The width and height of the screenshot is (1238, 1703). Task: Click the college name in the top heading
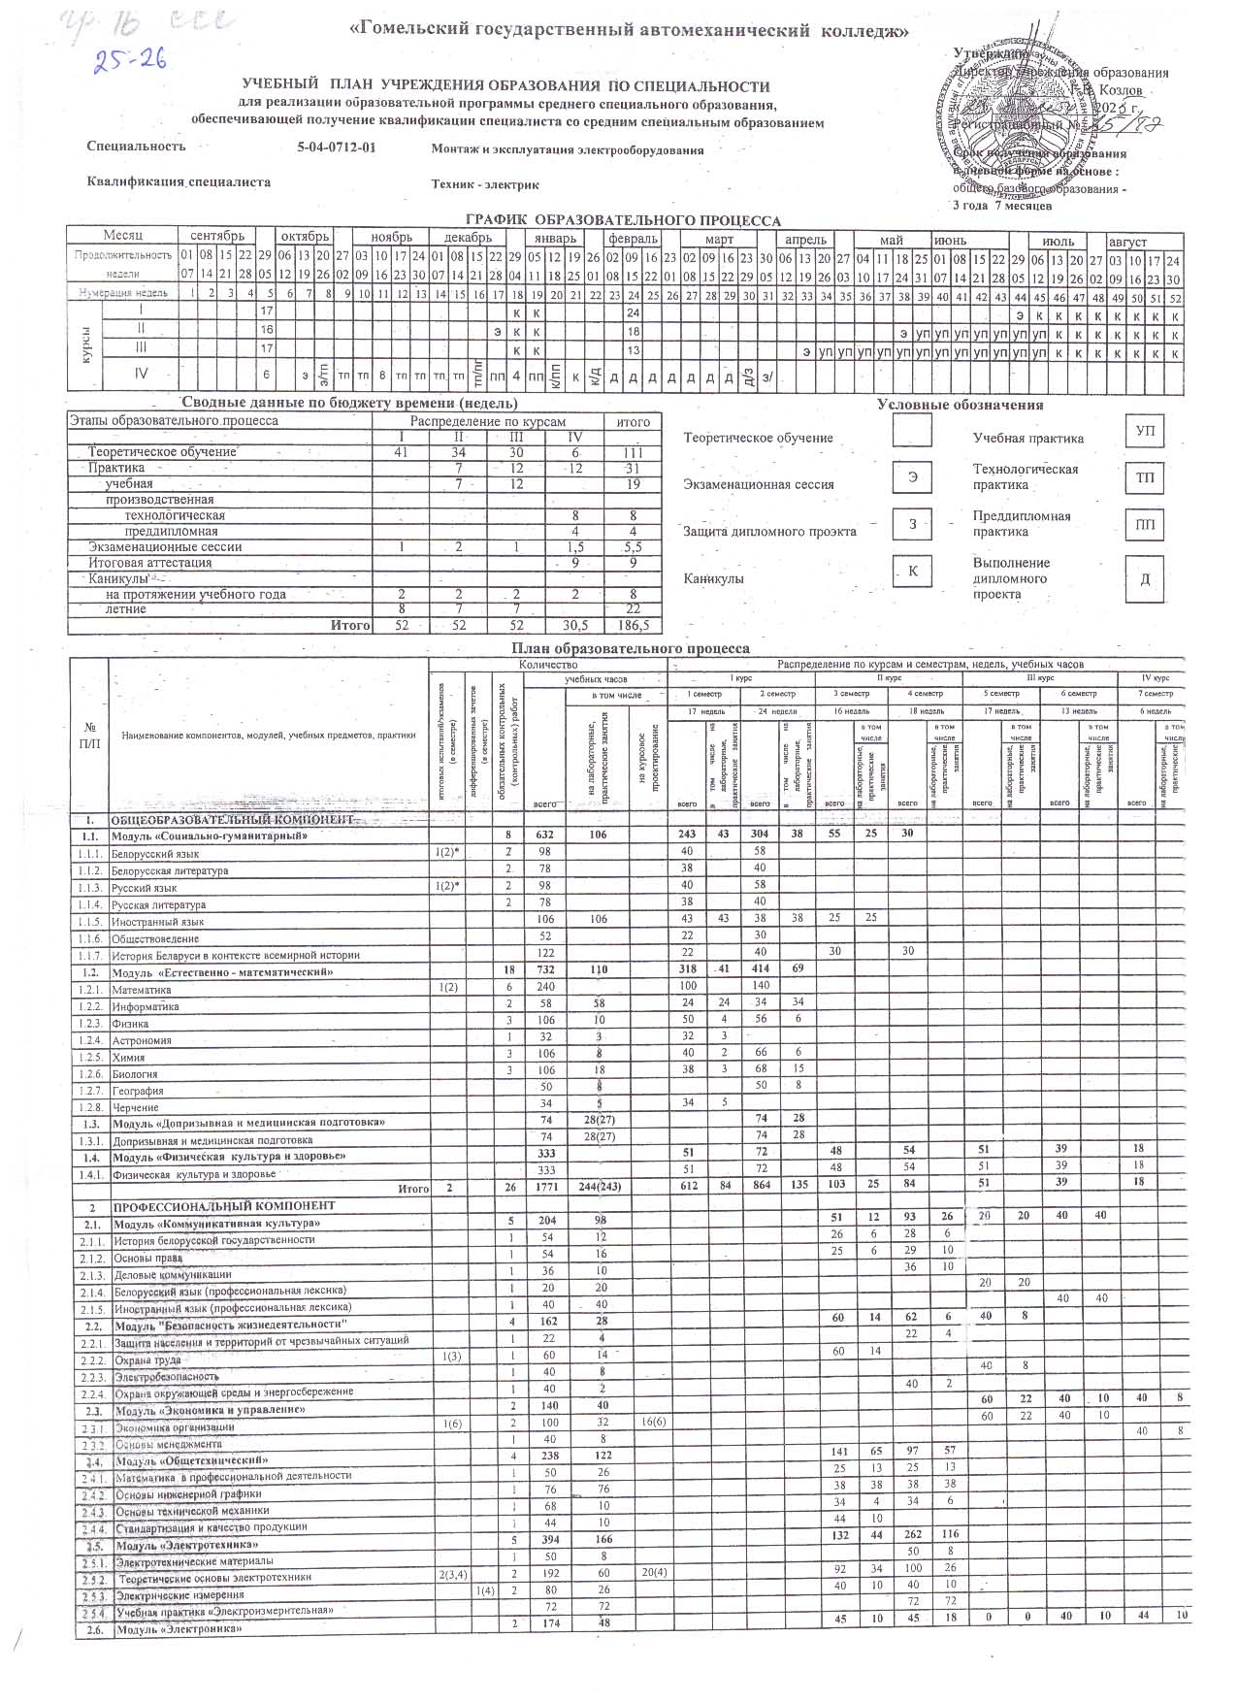(x=629, y=31)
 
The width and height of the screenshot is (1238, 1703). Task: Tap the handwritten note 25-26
(x=129, y=61)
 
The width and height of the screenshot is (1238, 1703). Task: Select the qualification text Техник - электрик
(x=485, y=184)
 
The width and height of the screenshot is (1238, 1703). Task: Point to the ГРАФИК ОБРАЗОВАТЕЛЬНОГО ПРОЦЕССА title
(x=623, y=221)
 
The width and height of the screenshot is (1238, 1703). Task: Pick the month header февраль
(x=634, y=239)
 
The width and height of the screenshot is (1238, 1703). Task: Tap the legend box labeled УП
(x=1145, y=431)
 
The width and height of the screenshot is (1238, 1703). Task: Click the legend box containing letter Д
(x=1145, y=579)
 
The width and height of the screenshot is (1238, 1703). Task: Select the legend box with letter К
(x=912, y=572)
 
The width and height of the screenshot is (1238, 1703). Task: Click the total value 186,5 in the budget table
(x=633, y=626)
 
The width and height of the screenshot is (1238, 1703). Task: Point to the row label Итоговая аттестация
(x=149, y=563)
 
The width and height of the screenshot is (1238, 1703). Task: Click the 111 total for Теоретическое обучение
(x=633, y=452)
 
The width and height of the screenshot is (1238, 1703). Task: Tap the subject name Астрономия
(x=142, y=1040)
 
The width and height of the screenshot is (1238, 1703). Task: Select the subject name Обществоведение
(x=155, y=938)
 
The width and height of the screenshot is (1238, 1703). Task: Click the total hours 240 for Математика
(x=545, y=990)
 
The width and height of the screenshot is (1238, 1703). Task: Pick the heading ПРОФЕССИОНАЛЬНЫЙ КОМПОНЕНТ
(x=224, y=1206)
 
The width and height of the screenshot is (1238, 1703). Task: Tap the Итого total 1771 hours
(x=545, y=1189)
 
